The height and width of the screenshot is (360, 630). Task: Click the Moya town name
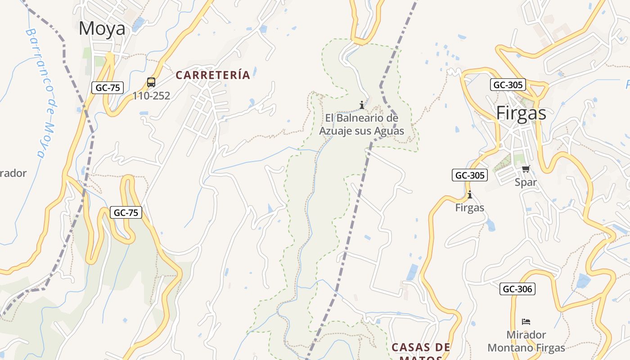[102, 28]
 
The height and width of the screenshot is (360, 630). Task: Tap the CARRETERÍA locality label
[213, 75]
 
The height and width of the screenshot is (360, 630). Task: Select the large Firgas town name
[521, 113]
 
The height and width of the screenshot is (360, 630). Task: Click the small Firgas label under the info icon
[470, 207]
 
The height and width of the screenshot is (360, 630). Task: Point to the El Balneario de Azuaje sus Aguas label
[362, 125]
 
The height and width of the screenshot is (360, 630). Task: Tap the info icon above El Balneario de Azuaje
[362, 105]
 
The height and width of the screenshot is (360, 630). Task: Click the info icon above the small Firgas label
[470, 195]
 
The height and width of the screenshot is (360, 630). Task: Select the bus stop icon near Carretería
[151, 82]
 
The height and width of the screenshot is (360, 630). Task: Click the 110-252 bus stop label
[151, 95]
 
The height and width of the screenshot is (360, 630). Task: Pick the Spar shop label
[526, 182]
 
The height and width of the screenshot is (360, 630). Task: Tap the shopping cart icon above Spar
[526, 169]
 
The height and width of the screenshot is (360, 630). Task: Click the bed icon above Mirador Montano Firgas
[526, 322]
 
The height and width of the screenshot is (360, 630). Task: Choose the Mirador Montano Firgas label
[526, 341]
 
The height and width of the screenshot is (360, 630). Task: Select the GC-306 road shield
[517, 289]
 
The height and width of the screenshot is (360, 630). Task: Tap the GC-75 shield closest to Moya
[108, 88]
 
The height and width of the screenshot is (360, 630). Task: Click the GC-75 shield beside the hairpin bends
[126, 212]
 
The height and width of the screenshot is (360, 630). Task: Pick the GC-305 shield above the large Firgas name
[508, 85]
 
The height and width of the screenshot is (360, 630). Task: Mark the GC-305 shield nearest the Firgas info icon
[470, 175]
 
